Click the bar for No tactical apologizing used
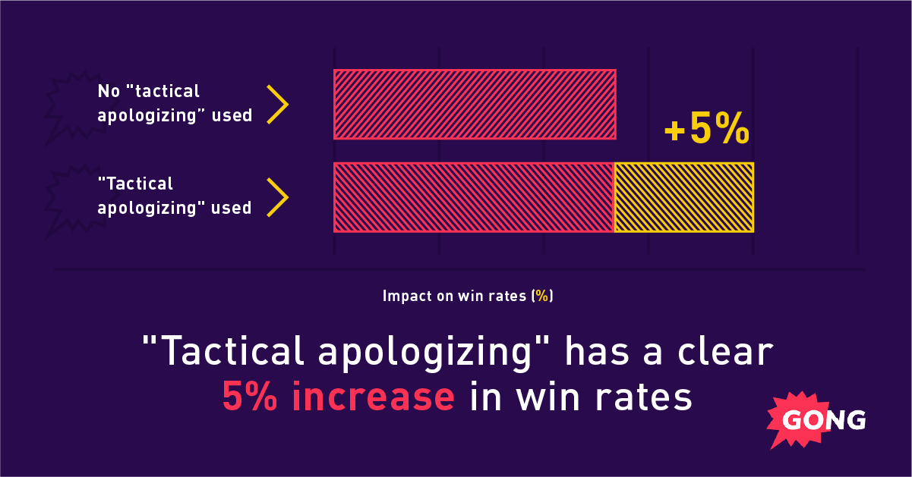[475, 104]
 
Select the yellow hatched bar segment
[683, 197]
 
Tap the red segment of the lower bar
[473, 197]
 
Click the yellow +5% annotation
[706, 130]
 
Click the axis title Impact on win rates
[467, 296]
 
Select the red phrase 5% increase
[338, 397]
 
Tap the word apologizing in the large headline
[417, 353]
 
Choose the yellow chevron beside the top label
[278, 104]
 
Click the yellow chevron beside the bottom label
[278, 196]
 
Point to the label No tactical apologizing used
[175, 104]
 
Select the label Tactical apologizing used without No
[174, 196]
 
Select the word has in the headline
[587, 352]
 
